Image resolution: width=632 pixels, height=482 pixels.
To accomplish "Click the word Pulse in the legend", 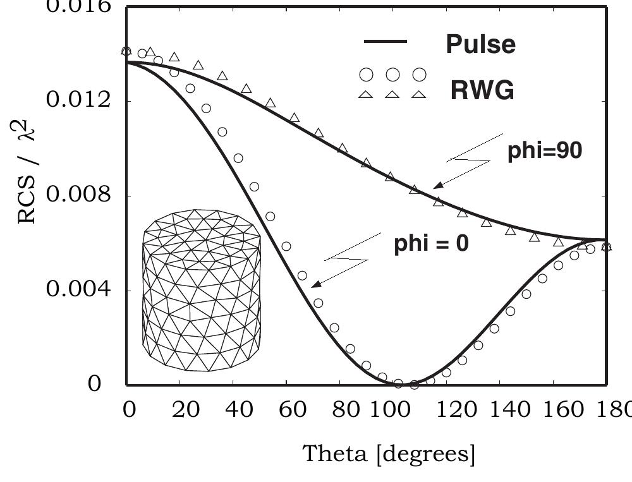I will [x=480, y=44].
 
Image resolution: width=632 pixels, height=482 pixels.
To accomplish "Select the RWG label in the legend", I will [x=482, y=91].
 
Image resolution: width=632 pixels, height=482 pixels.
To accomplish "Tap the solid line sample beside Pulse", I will [x=386, y=42].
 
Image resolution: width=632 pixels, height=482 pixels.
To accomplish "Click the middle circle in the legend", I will [x=392, y=75].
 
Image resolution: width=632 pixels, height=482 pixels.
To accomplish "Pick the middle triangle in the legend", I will [x=392, y=94].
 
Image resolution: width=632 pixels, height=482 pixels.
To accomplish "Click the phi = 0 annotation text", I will [x=431, y=243].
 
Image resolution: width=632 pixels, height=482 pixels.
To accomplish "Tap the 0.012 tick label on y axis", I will [x=75, y=100].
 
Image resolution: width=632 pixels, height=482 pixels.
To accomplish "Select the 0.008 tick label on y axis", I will [x=75, y=195].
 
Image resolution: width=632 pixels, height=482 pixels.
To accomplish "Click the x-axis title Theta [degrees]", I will [x=389, y=453].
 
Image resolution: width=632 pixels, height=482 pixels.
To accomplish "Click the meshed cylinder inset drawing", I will [x=202, y=291].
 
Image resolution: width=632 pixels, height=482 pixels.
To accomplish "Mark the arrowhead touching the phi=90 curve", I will [x=435, y=186].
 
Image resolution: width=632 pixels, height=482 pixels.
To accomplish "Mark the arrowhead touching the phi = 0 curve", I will [x=314, y=286].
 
